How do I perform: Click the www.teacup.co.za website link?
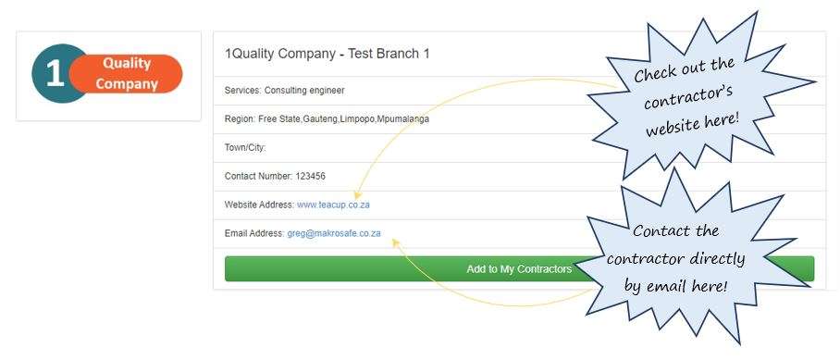(333, 205)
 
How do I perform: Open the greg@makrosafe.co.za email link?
(334, 233)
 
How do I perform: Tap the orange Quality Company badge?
(127, 74)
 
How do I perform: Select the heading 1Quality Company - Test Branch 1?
(327, 54)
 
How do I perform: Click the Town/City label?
(245, 148)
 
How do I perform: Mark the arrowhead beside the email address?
(396, 243)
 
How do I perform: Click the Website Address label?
(259, 205)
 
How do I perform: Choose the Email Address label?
(254, 233)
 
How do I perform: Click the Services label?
(243, 91)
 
